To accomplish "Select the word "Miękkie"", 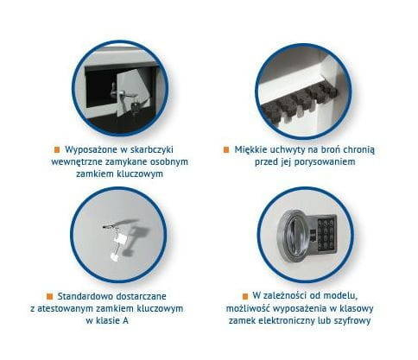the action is [x=251, y=150].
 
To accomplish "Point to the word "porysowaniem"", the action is [x=326, y=162].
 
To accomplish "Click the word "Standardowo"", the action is [x=83, y=296].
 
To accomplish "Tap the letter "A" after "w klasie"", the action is [x=125, y=321].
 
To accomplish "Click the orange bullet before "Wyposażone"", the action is [x=57, y=150].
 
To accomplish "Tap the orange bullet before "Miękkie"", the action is [x=226, y=150].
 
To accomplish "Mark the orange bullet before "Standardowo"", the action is [x=49, y=296].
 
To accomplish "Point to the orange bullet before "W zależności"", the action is [x=245, y=296].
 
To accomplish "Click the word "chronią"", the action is [x=359, y=150].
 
